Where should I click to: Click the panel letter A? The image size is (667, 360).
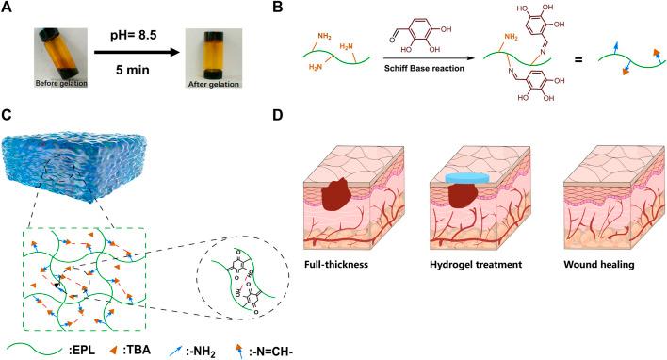pos(8,9)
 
